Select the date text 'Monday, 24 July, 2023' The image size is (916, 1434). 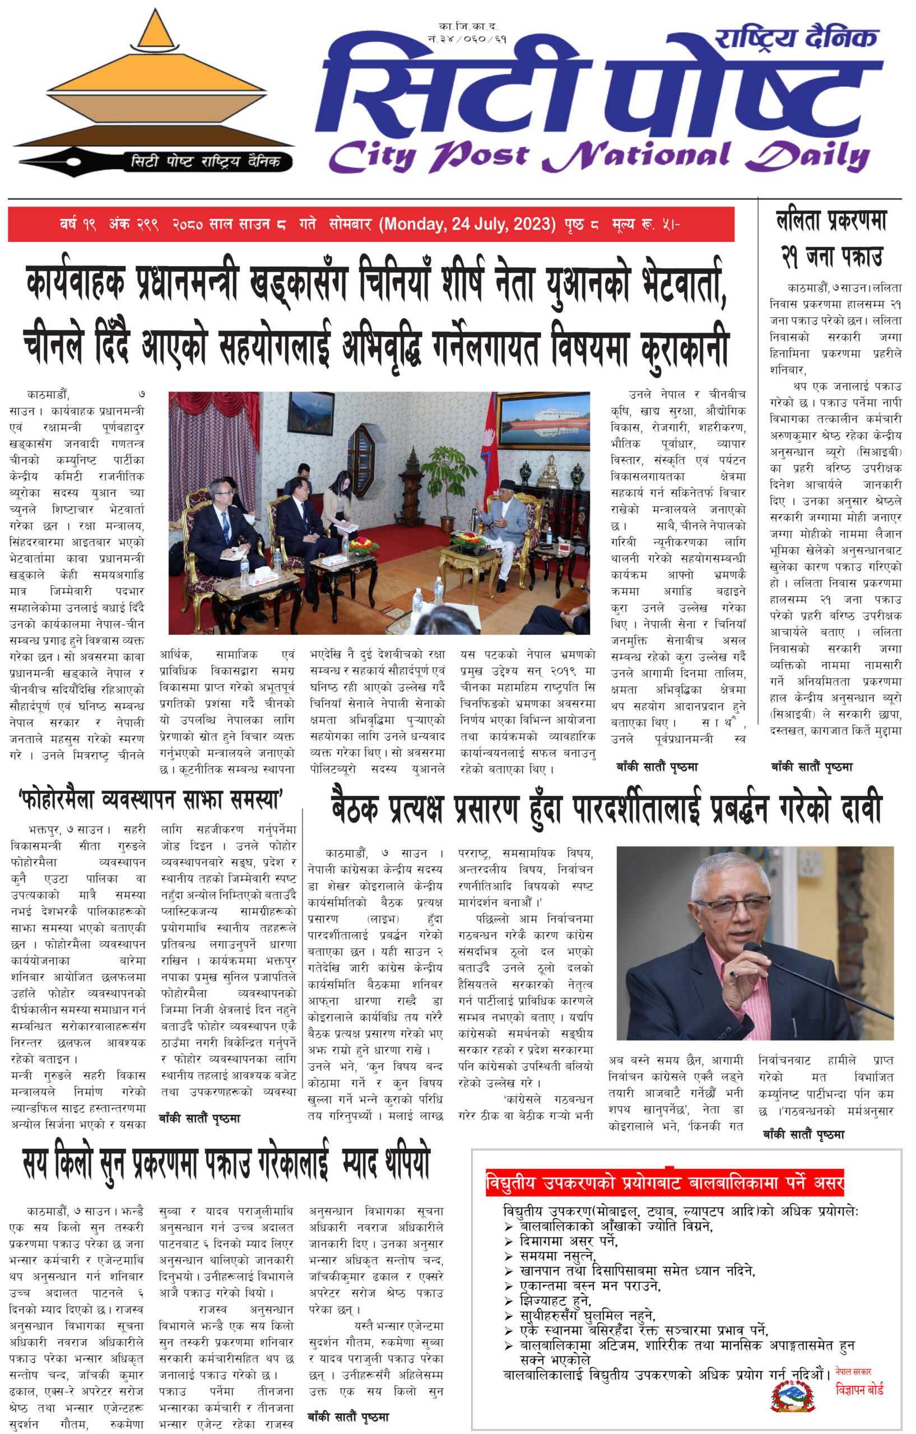pos(471,225)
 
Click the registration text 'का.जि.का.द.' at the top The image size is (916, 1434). pos(468,26)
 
